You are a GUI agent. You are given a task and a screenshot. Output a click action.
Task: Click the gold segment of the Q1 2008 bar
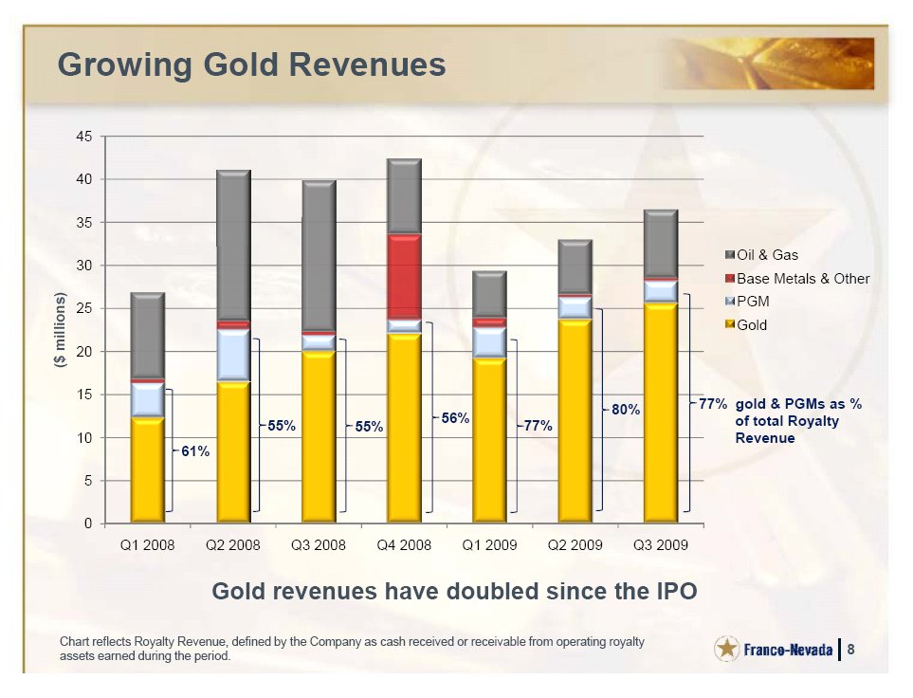148,469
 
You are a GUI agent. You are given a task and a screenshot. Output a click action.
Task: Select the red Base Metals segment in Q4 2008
405,276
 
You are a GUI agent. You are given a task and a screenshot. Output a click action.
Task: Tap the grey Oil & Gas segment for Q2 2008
233,247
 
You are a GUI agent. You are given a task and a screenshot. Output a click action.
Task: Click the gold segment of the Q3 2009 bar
660,413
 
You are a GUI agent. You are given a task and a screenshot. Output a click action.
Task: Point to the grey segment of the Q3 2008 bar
319,256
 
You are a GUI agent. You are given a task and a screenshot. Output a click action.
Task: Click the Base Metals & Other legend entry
802,279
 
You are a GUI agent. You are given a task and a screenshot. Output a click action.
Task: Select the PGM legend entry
753,302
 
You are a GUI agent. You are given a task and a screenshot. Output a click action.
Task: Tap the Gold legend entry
751,325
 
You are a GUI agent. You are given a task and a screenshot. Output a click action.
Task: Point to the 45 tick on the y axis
84,137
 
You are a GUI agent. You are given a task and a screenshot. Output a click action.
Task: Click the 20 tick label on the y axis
84,352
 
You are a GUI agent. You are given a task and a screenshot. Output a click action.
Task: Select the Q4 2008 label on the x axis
404,545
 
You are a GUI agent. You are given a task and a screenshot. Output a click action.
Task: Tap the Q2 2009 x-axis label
575,545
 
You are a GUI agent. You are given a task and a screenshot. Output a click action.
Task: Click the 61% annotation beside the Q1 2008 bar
195,452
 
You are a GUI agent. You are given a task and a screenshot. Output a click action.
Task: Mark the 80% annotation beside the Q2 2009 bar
626,410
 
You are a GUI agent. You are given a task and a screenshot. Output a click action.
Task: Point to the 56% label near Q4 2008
456,418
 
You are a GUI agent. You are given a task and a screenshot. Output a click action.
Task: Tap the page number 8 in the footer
851,650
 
